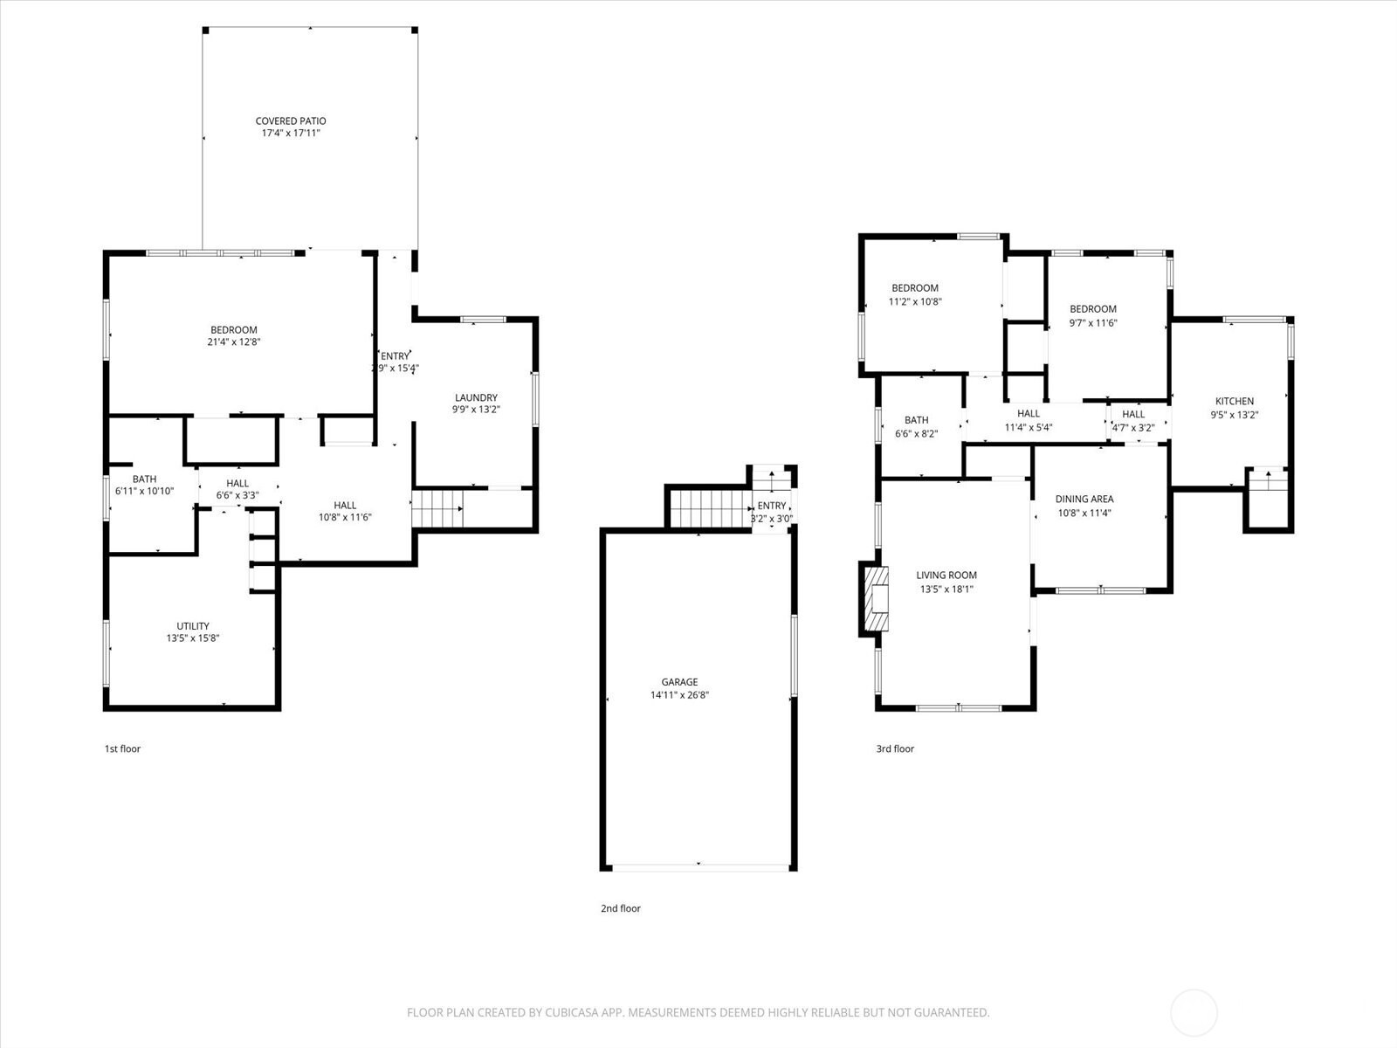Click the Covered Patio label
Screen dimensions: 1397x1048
point(291,121)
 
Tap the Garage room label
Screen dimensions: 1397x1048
point(679,682)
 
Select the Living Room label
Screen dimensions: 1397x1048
point(946,576)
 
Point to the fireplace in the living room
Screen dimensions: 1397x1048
point(876,599)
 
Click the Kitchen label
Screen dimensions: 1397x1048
point(1235,402)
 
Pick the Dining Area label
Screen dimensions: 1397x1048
point(1084,500)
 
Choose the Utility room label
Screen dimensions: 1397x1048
point(193,626)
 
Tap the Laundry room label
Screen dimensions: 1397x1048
point(476,397)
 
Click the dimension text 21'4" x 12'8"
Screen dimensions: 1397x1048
point(234,341)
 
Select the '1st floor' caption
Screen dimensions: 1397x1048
point(122,749)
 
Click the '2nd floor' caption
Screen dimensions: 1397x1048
point(621,908)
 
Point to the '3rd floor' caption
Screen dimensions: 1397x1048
point(895,749)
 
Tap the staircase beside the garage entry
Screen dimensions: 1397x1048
point(711,508)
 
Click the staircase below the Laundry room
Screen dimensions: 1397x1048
point(437,508)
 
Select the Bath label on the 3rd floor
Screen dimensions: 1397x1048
point(917,421)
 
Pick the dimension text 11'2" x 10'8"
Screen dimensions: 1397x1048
point(914,301)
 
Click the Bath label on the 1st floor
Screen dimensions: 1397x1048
point(144,479)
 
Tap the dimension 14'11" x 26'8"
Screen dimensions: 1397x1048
point(679,695)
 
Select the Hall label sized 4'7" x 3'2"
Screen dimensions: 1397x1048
point(1133,414)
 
